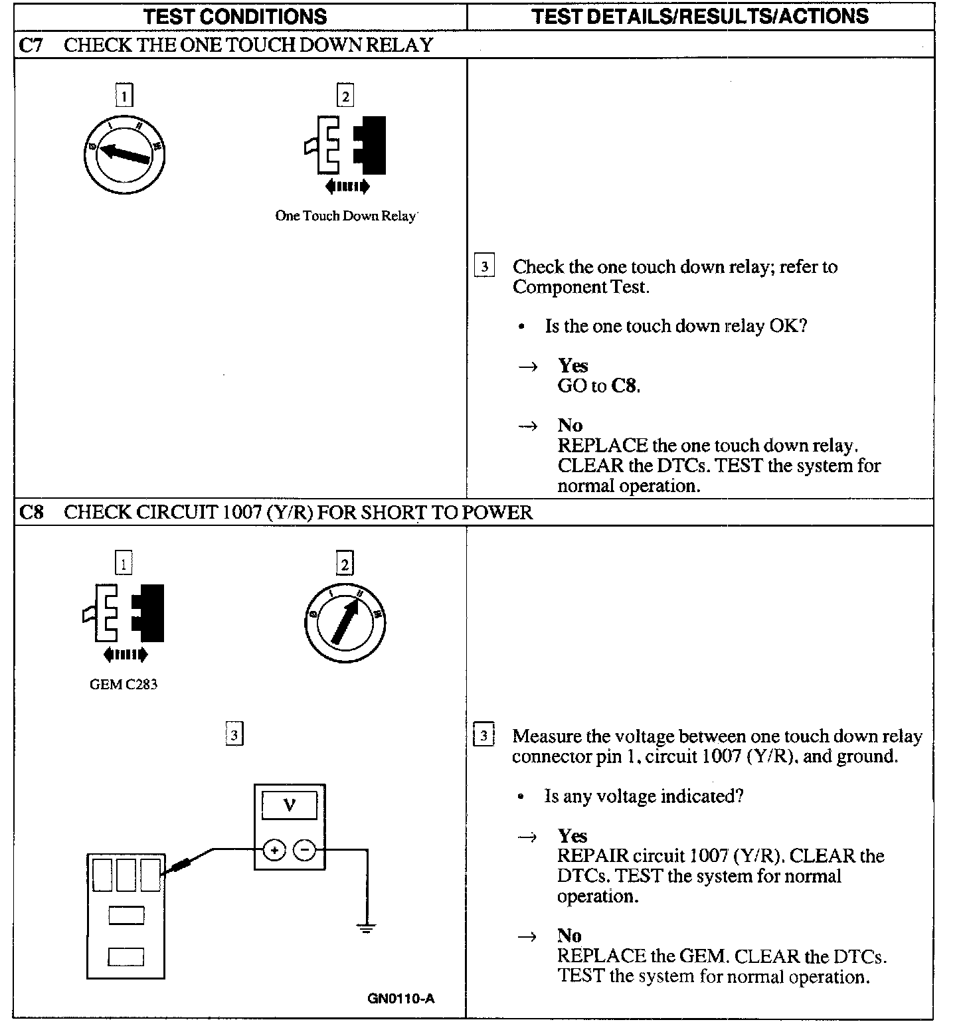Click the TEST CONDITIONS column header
click(236, 16)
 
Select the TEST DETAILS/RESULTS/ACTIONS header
click(700, 16)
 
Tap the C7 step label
click(31, 45)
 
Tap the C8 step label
click(31, 513)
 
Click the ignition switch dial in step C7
click(124, 155)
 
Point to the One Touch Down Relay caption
click(345, 216)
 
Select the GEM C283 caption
click(124, 684)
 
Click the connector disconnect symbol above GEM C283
click(125, 621)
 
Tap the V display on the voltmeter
click(290, 806)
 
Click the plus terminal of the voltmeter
click(274, 850)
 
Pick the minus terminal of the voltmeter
click(305, 850)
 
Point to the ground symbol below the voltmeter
click(365, 927)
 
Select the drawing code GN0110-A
click(401, 998)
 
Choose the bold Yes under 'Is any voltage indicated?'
click(572, 836)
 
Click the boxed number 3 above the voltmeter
click(234, 735)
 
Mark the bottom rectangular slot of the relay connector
click(126, 957)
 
